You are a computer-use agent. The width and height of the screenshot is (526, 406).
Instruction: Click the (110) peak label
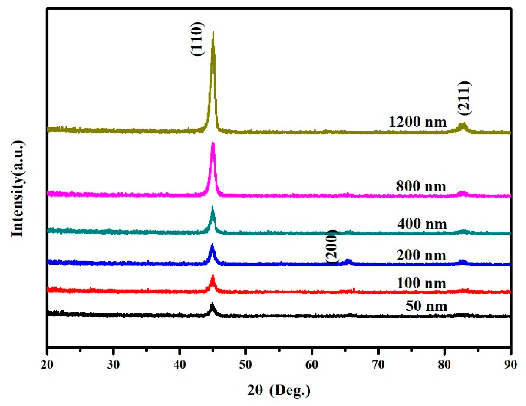click(x=198, y=39)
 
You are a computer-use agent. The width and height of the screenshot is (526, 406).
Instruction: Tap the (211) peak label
click(x=464, y=98)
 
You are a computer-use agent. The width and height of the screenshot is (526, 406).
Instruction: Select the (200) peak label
click(x=332, y=247)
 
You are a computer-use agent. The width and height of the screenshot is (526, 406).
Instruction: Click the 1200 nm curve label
click(x=417, y=122)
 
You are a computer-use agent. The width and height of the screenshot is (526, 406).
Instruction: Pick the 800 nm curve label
click(x=421, y=186)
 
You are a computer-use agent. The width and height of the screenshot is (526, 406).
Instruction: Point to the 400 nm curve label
click(x=422, y=224)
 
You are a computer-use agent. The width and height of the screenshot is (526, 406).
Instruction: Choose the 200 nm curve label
click(x=421, y=255)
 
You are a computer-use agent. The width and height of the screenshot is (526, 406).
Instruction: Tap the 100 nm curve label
click(x=421, y=283)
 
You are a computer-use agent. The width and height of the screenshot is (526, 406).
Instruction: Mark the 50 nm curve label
click(x=426, y=306)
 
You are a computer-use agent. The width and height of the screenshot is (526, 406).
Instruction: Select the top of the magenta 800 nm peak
click(x=213, y=144)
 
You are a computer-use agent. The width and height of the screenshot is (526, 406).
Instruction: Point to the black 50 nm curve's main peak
click(x=212, y=304)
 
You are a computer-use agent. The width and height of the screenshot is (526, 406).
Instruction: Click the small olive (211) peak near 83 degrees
click(x=463, y=125)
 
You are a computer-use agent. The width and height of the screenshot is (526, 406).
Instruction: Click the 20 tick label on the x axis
click(x=47, y=365)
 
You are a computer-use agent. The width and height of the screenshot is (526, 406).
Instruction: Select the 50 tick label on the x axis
click(x=245, y=365)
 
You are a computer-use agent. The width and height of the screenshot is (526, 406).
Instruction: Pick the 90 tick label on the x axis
click(x=510, y=365)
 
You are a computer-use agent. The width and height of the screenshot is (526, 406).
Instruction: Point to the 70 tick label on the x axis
click(x=378, y=365)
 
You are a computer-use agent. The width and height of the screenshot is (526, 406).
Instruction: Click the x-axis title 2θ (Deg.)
click(x=279, y=390)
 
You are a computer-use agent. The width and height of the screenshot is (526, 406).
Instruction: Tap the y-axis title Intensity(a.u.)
click(x=18, y=189)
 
